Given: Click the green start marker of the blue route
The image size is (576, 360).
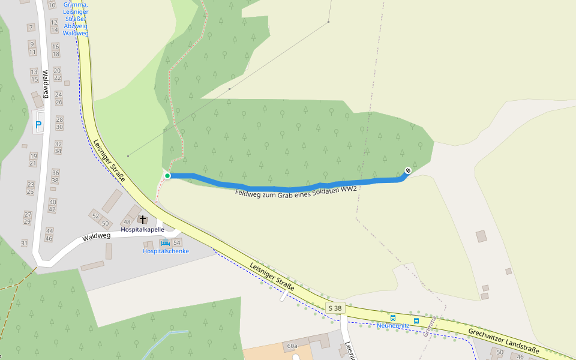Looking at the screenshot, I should tap(167, 175).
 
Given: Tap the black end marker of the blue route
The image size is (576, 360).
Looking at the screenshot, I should tap(408, 170).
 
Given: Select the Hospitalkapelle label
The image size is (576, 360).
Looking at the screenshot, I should tap(142, 230).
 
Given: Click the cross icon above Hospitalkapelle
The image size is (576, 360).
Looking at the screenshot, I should tap(142, 220).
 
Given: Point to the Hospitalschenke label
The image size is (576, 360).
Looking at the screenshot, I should tap(166, 251).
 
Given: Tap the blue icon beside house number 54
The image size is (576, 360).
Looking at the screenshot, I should tap(166, 242).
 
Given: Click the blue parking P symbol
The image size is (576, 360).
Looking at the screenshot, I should tap(39, 125).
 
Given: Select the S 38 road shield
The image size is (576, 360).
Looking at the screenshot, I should tap(335, 308).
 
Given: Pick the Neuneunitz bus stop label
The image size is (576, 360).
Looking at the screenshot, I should tap(393, 325).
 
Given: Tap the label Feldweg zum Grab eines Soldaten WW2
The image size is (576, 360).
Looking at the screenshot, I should tap(296, 191).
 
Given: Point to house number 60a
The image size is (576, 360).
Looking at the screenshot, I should tap(292, 346).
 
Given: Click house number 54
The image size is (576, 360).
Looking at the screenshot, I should tap(177, 243).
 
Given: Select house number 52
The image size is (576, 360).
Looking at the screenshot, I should tap(95, 215).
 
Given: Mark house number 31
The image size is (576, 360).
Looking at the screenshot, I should tap(25, 243).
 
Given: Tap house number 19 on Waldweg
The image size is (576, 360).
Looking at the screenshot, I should tap(33, 155).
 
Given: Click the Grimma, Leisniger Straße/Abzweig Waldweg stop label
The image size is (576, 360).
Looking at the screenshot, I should tap(76, 19).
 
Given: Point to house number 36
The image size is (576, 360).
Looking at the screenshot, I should tap(55, 172).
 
